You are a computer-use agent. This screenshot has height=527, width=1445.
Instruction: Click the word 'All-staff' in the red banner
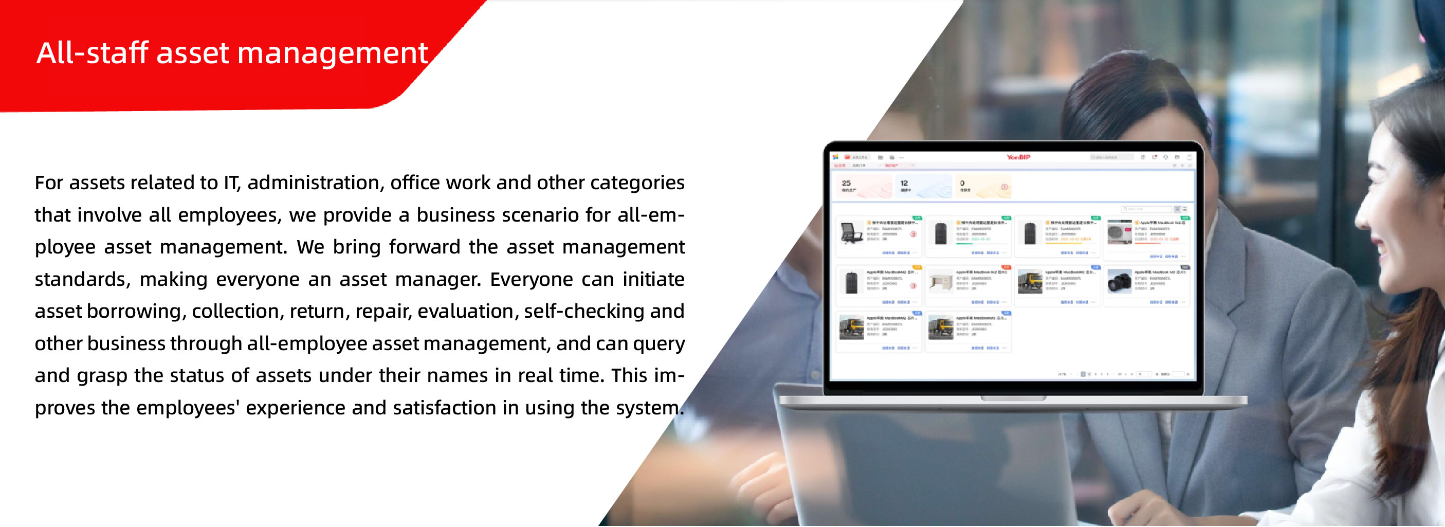coord(93,53)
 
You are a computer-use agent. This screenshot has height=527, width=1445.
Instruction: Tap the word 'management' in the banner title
coord(332,54)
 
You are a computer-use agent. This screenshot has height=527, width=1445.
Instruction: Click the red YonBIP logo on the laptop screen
coord(1018,157)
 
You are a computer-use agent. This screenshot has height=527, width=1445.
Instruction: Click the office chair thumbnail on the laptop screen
coord(851,232)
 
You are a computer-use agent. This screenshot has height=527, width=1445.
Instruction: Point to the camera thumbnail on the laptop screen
coord(1119,281)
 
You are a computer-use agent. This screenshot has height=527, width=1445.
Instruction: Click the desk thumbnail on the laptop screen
coord(941,281)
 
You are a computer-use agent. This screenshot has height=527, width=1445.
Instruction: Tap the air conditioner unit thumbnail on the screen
coord(1119,232)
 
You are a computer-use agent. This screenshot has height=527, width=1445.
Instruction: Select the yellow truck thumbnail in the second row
coord(1030,281)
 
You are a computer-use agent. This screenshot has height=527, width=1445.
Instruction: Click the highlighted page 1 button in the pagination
coord(1083,374)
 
